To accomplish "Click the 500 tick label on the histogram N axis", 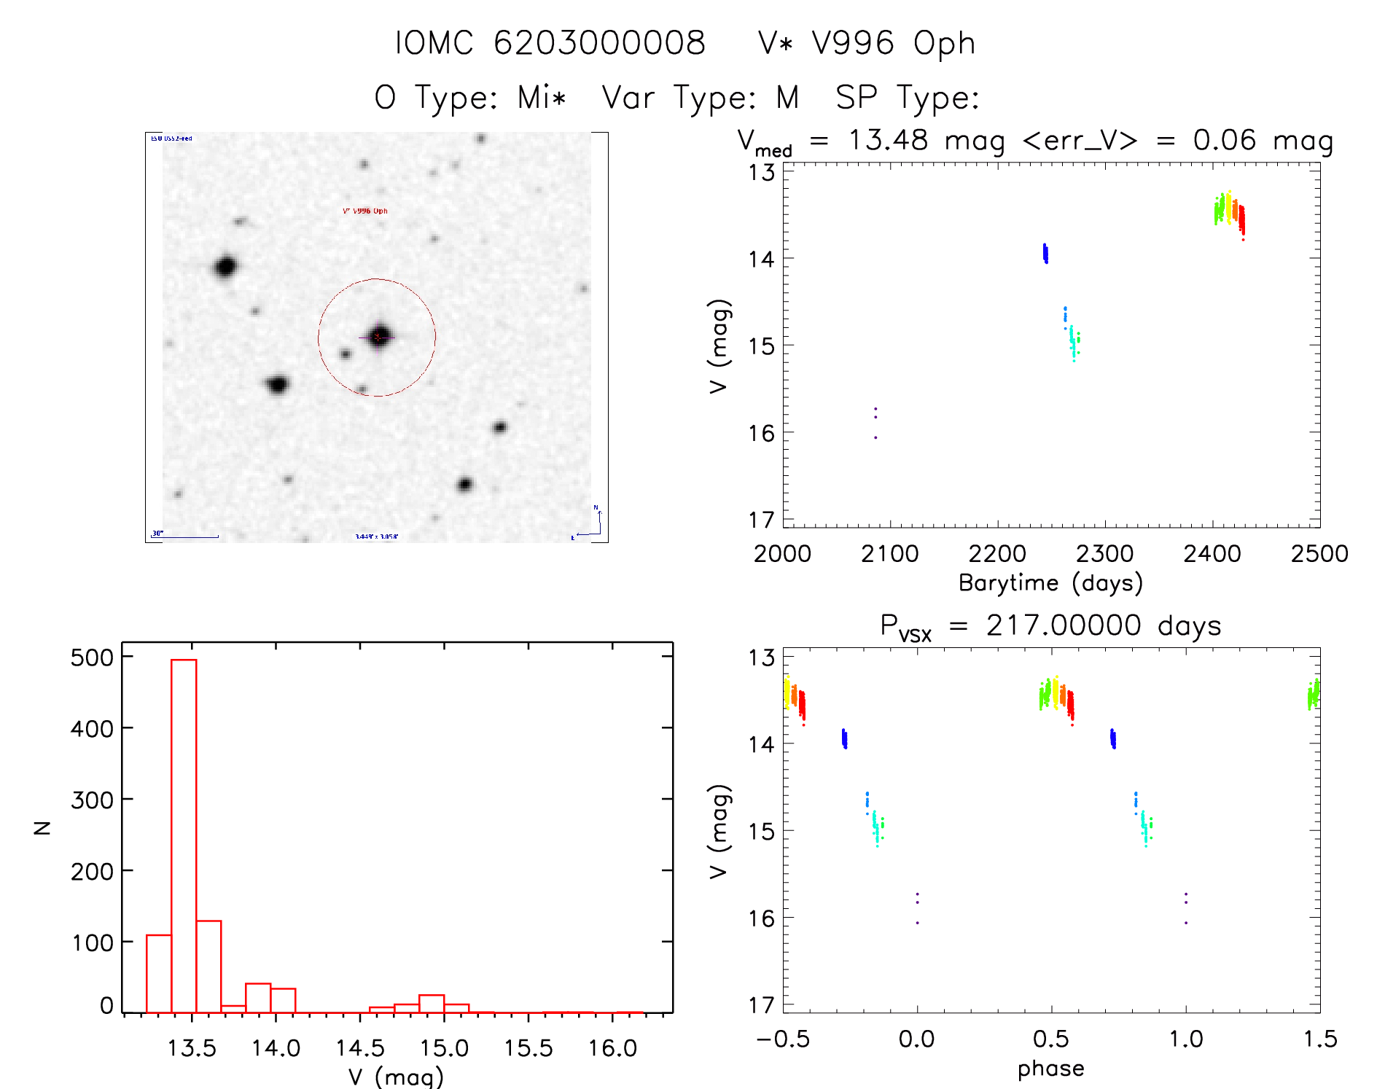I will point(92,657).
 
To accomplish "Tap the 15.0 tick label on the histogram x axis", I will point(444,1048).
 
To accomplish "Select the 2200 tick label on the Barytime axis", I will point(997,554).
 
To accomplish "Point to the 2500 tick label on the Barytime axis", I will point(1319,554).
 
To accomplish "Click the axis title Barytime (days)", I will point(1050,583).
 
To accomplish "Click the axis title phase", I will point(1050,1069).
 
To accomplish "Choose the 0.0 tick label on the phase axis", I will point(917,1039).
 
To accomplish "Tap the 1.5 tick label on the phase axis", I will point(1320,1039).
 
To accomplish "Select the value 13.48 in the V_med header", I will point(888,140).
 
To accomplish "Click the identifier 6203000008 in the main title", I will point(599,43).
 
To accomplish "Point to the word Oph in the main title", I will point(945,44).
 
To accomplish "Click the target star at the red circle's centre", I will point(378,337).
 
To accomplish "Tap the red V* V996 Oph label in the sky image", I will point(365,211).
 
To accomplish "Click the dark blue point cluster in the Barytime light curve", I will point(1045,254).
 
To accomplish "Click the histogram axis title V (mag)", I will point(396,1076).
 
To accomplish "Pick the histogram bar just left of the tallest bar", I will point(159,973).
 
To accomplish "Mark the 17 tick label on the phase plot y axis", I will point(761,1005).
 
